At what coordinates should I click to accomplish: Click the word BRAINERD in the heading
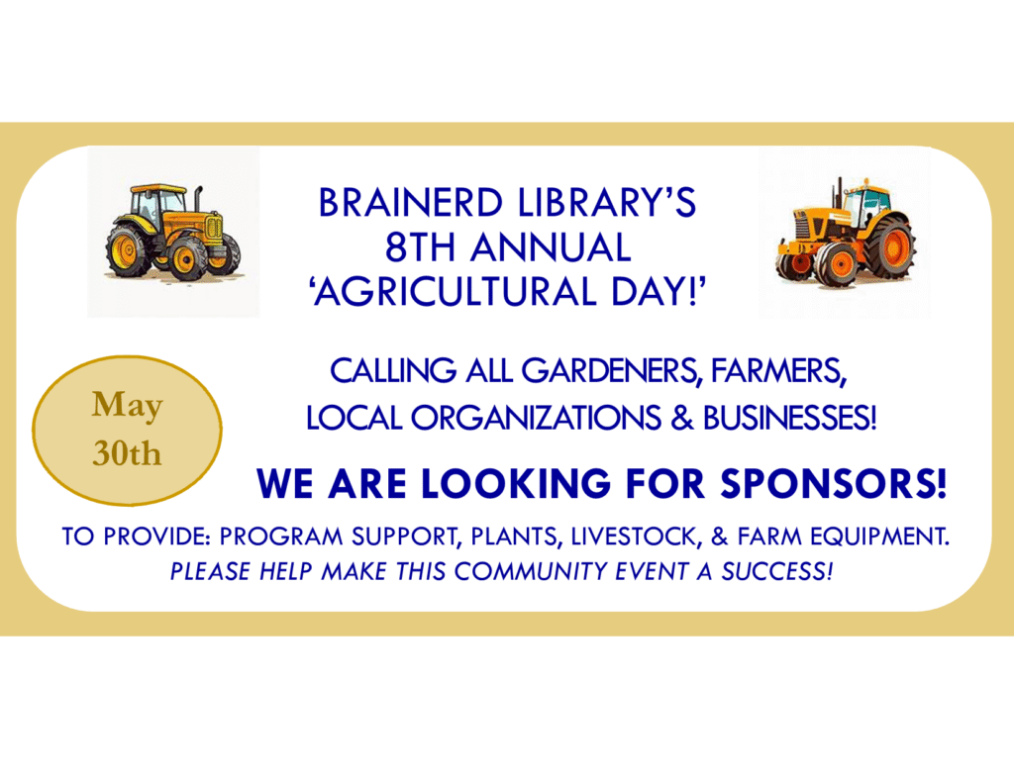410,202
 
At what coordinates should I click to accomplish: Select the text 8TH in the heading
420,247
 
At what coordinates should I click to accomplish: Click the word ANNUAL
551,247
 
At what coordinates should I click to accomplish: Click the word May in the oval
128,406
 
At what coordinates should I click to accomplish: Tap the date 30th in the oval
128,453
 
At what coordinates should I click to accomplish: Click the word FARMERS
778,372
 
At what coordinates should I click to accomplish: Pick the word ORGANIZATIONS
536,418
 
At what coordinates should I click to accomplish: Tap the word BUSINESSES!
789,418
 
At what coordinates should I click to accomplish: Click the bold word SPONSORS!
834,483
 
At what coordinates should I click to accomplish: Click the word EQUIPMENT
879,536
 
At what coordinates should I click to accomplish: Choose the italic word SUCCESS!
776,571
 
